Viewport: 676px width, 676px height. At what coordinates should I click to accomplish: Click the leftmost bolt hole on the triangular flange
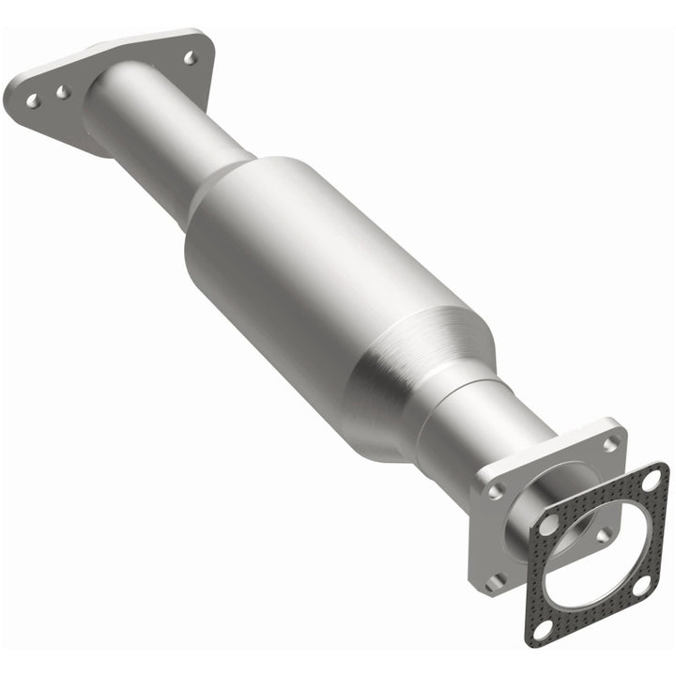coord(32,99)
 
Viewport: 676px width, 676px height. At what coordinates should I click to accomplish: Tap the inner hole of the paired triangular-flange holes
coord(62,92)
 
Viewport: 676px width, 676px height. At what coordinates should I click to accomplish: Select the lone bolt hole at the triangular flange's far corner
coord(191,57)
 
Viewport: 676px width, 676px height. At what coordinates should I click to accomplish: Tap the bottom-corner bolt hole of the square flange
coord(499,581)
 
